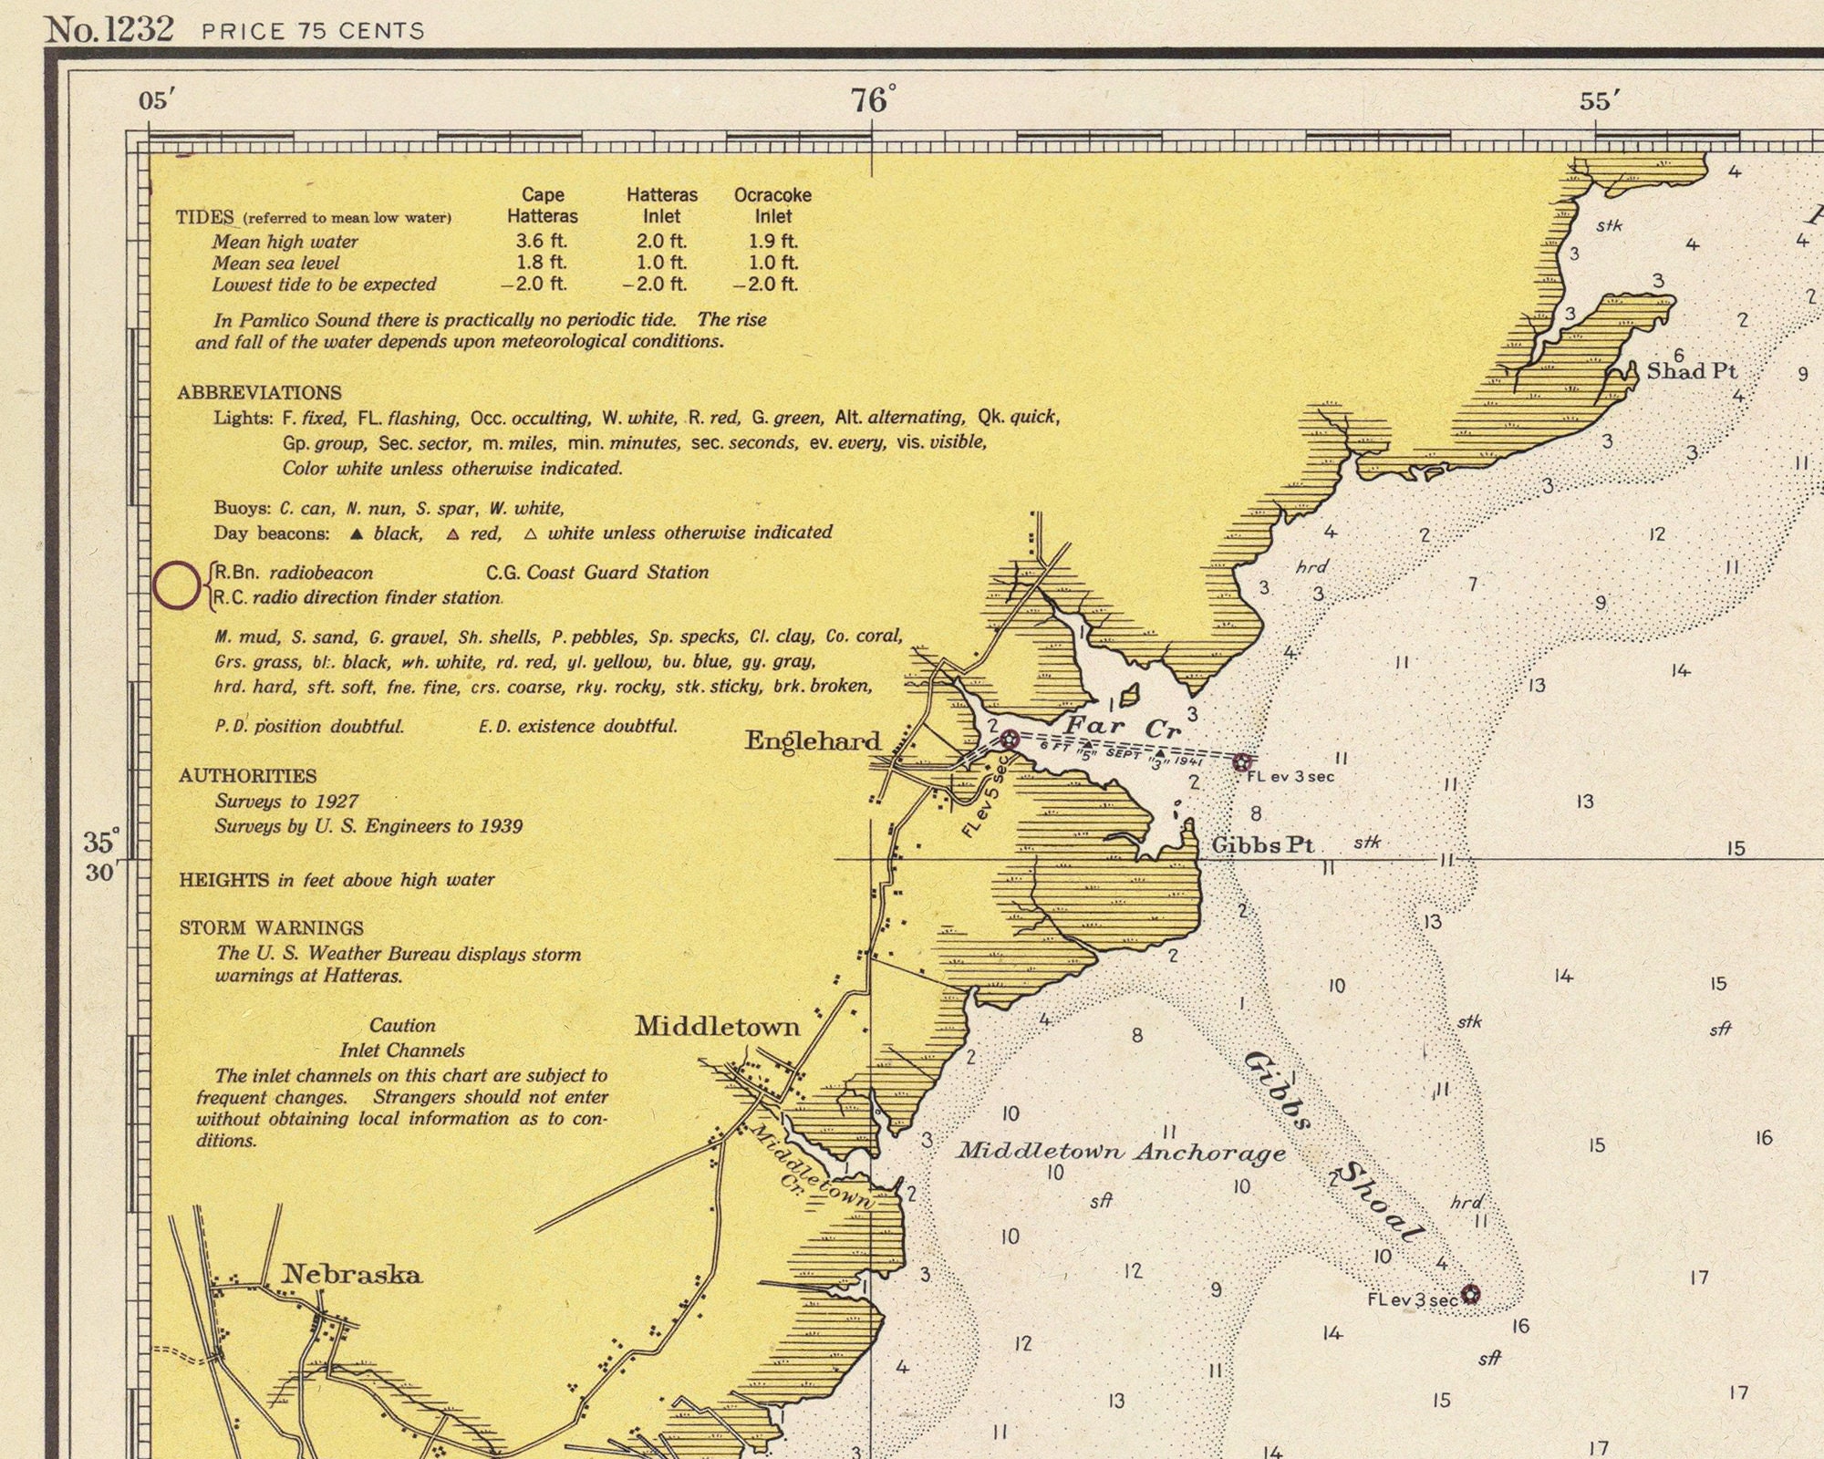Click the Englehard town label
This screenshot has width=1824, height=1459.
pyautogui.click(x=813, y=741)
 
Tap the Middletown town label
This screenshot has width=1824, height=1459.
pyautogui.click(x=718, y=1027)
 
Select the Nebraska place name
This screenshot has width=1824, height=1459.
pyautogui.click(x=352, y=1274)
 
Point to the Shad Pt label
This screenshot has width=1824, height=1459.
pyautogui.click(x=1692, y=371)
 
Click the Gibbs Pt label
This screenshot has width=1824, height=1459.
pyautogui.click(x=1262, y=845)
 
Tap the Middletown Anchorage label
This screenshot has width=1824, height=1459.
pyautogui.click(x=1121, y=1152)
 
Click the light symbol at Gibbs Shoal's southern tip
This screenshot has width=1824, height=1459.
pyautogui.click(x=1470, y=1294)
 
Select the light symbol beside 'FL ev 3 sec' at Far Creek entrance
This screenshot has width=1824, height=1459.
pyautogui.click(x=1241, y=762)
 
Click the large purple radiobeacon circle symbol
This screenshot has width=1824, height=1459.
pyautogui.click(x=176, y=585)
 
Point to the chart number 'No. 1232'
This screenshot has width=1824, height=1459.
pyautogui.click(x=109, y=29)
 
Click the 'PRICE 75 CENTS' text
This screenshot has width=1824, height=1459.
pyautogui.click(x=313, y=31)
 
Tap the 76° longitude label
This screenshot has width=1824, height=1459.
pyautogui.click(x=873, y=99)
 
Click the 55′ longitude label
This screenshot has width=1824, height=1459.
pyautogui.click(x=1601, y=100)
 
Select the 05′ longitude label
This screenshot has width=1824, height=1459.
pyautogui.click(x=157, y=100)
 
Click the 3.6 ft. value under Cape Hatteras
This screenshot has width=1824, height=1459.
pyautogui.click(x=542, y=241)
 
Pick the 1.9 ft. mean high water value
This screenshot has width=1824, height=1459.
pyautogui.click(x=772, y=241)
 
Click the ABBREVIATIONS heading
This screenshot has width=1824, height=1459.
pyautogui.click(x=260, y=393)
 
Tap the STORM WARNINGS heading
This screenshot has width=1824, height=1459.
pyautogui.click(x=272, y=928)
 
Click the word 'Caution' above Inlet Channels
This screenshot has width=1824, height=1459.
pyautogui.click(x=402, y=1025)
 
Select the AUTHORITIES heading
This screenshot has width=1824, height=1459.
pyautogui.click(x=248, y=776)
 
